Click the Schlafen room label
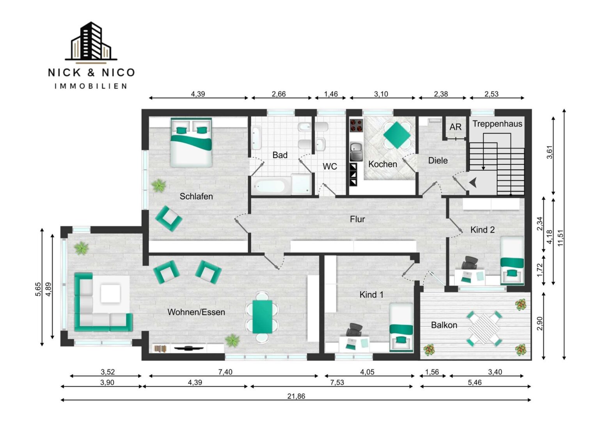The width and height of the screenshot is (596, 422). click(196, 197)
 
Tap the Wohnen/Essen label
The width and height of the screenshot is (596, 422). click(196, 312)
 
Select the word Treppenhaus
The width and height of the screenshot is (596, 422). click(497, 124)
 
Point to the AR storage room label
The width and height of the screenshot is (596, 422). click(455, 127)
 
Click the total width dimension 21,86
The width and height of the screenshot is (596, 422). click(296, 397)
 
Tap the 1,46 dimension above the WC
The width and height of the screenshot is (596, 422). click(331, 94)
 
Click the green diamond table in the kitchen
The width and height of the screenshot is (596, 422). click(397, 135)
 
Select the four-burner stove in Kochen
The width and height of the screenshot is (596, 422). click(356, 125)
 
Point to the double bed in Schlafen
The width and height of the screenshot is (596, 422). click(191, 143)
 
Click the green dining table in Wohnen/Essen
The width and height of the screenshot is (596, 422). click(262, 317)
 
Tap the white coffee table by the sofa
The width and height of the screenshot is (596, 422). click(110, 293)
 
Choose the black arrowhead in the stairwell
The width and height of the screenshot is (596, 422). click(473, 183)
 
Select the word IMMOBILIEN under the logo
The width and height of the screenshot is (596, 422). click(91, 86)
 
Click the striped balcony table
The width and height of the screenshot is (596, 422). click(484, 329)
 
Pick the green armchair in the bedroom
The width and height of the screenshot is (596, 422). click(169, 218)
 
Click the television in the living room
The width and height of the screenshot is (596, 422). click(188, 348)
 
